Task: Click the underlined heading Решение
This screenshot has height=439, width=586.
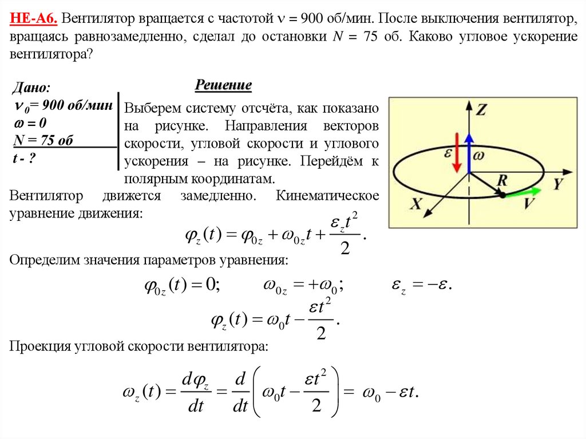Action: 224,86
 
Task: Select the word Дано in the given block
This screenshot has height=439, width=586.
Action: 30,89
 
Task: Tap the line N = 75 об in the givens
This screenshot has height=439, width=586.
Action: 43,141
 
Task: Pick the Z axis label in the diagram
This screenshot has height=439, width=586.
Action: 482,110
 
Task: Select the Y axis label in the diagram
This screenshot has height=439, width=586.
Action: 559,184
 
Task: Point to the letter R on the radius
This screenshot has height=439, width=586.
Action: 502,180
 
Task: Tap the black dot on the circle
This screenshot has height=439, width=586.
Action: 502,195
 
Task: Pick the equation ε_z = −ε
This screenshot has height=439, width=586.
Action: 421,285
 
